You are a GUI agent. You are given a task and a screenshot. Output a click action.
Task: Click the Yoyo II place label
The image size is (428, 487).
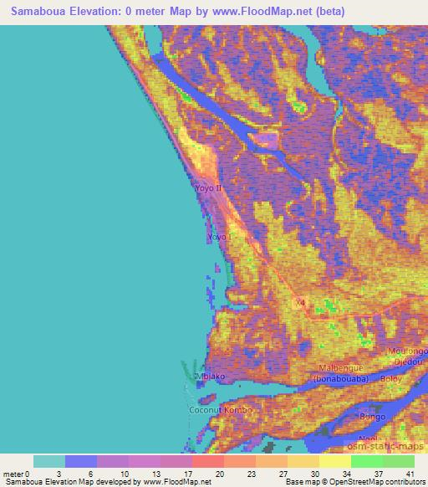pyautogui.click(x=207, y=188)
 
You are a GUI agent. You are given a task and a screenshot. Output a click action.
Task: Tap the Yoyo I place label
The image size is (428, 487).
pyautogui.click(x=217, y=238)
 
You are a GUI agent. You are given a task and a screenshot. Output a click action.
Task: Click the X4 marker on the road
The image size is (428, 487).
pyautogui.click(x=300, y=302)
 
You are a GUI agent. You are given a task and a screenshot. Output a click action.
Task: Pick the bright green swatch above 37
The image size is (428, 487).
pyautogui.click(x=367, y=461)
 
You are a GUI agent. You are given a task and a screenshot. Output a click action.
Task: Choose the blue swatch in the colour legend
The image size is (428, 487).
pyautogui.click(x=81, y=461)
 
